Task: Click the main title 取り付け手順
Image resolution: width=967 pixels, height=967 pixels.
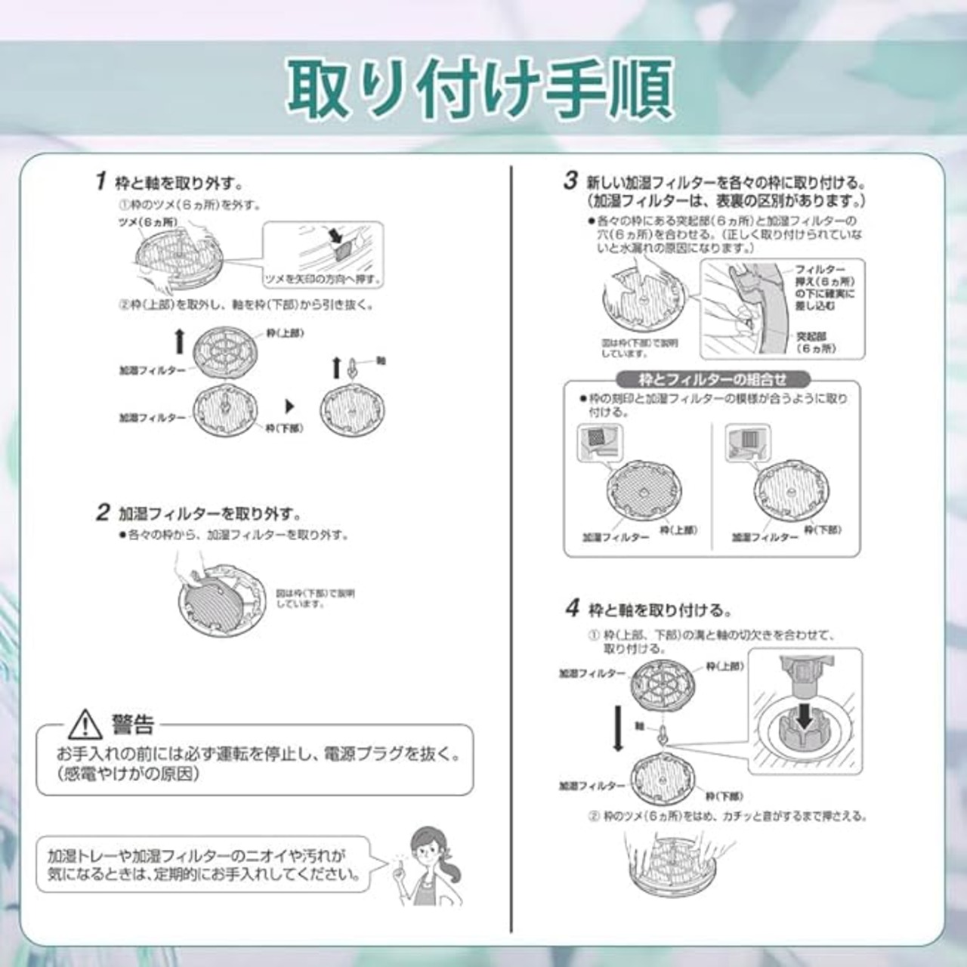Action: [479, 88]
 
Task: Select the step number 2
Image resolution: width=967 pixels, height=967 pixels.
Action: [103, 512]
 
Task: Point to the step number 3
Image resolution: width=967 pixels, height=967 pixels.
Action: [571, 181]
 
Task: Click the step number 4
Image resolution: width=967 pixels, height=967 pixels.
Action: [573, 608]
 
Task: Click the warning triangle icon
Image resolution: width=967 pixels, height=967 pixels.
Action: [85, 725]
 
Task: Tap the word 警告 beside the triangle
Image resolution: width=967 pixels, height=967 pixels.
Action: [133, 725]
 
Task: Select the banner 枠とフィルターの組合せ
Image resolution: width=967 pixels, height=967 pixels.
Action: [712, 379]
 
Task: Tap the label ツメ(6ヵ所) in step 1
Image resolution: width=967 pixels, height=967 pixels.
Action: [148, 221]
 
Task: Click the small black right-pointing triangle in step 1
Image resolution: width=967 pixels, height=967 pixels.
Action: [289, 406]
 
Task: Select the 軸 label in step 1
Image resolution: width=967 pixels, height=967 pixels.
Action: [380, 361]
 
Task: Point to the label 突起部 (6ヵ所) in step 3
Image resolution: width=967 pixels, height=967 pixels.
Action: [816, 342]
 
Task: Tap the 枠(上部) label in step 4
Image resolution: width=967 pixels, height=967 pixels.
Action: [724, 666]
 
